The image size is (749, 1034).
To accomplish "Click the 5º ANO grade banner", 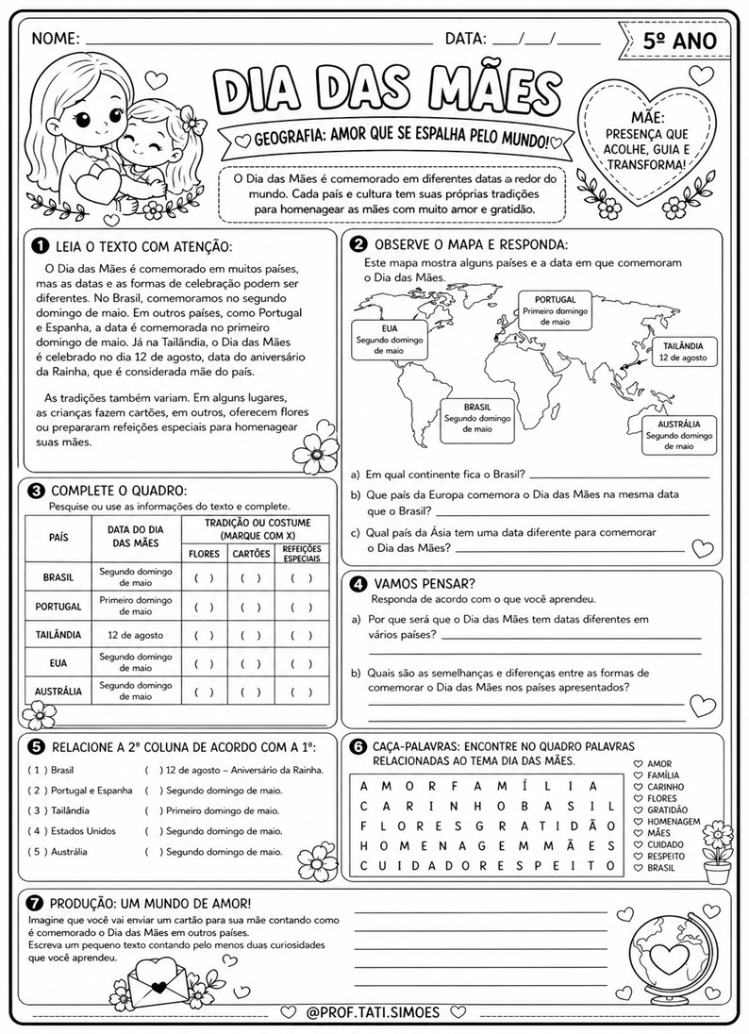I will pos(677,39).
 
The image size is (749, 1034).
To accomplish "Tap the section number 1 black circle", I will pos(40,246).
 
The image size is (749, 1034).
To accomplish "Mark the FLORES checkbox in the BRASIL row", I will pos(204,578).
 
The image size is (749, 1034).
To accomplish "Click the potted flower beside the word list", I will pos(720,853).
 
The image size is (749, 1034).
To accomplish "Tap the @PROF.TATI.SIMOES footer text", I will pos(374,1011).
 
